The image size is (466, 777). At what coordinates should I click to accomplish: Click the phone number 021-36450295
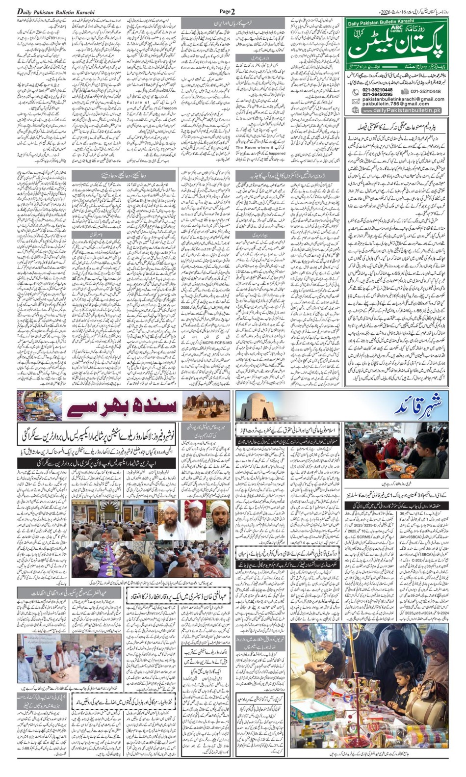pos(378,94)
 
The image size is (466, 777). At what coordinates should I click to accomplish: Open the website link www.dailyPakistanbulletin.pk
pos(402,111)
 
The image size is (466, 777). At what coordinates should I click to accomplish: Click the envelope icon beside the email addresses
pos(355,101)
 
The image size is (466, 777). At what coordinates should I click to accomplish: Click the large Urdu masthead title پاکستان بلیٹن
pos(397,47)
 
